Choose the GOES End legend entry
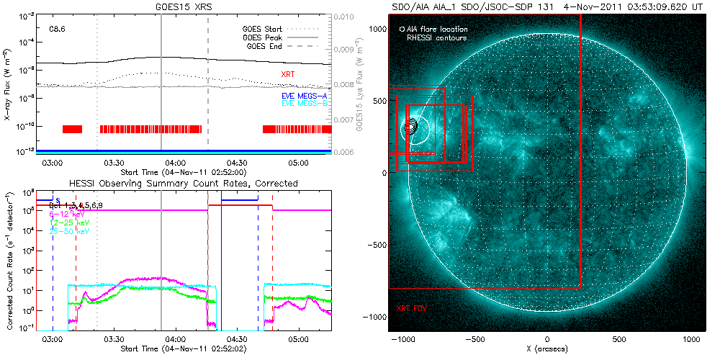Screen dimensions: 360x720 (x=264, y=46)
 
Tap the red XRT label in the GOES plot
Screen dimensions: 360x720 (x=288, y=73)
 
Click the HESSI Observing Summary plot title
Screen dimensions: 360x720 (x=183, y=184)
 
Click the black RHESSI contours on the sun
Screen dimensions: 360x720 (x=410, y=127)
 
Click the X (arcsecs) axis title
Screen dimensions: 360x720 (x=548, y=348)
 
